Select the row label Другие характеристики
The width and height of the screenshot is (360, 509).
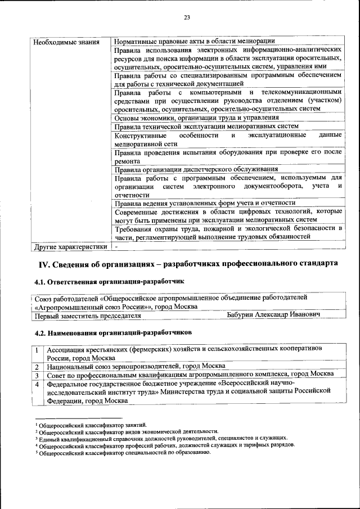point(70,246)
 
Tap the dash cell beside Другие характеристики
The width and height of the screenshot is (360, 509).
point(116,246)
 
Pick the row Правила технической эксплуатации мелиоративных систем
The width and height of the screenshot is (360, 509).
point(206,127)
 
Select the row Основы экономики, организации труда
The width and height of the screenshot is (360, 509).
point(196,118)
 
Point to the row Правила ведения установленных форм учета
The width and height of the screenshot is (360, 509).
point(205,203)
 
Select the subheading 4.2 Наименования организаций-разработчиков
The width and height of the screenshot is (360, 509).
point(113,332)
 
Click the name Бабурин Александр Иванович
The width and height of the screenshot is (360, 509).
point(273,315)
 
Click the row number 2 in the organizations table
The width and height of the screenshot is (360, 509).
point(37,366)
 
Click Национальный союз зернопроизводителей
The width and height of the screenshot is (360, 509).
point(128,366)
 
